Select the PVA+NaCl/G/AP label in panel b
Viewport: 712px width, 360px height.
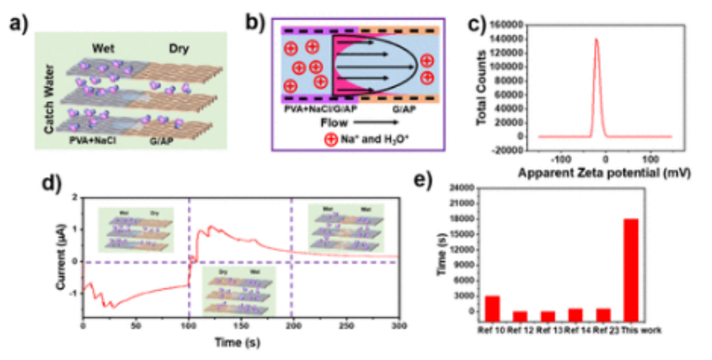point(319,107)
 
